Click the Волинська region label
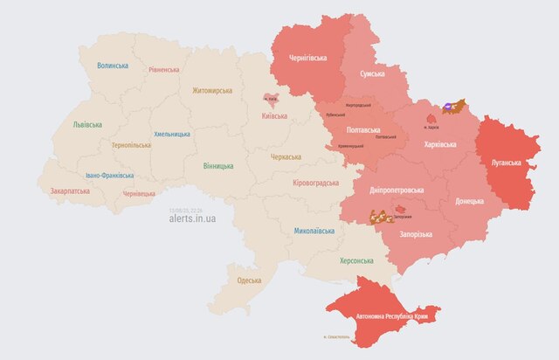coord(114,66)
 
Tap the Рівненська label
coord(164,69)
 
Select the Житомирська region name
coord(206,90)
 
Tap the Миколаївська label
coord(314,231)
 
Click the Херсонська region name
coord(355,260)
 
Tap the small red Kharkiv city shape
coord(431,116)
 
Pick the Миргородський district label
coord(359,105)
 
